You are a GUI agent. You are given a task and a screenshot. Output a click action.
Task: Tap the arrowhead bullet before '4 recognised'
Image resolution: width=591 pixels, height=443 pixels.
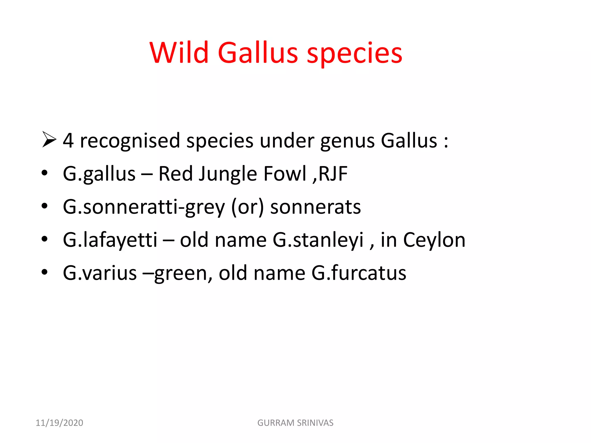[49, 139]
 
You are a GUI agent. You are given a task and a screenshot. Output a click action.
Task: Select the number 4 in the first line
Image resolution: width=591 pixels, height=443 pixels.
[68, 141]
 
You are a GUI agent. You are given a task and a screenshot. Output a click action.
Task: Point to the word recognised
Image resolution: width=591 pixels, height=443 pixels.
[130, 141]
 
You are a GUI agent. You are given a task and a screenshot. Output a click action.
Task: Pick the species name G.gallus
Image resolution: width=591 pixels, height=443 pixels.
[99, 174]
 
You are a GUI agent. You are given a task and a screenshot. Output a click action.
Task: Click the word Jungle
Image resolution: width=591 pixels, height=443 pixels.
[228, 174]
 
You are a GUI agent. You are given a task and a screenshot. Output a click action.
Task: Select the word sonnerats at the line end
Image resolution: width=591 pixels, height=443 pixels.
[315, 207]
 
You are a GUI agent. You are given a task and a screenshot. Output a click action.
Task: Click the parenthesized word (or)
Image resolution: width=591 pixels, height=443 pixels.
[247, 207]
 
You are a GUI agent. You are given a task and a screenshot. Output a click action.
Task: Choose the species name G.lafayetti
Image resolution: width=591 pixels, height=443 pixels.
[110, 240]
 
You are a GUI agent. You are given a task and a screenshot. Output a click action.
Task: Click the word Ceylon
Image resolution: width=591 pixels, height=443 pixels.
[434, 240]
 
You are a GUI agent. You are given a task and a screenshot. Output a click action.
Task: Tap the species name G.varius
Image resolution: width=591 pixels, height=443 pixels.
[100, 273]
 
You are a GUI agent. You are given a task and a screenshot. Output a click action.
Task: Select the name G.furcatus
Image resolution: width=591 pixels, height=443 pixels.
[359, 273]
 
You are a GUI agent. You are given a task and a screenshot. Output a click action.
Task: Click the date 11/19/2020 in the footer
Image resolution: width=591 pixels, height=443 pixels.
[59, 423]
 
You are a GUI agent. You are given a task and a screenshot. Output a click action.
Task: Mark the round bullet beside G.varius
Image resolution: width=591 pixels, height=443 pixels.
[44, 272]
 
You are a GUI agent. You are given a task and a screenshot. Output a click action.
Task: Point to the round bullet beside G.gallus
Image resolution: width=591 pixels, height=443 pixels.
[44, 173]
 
